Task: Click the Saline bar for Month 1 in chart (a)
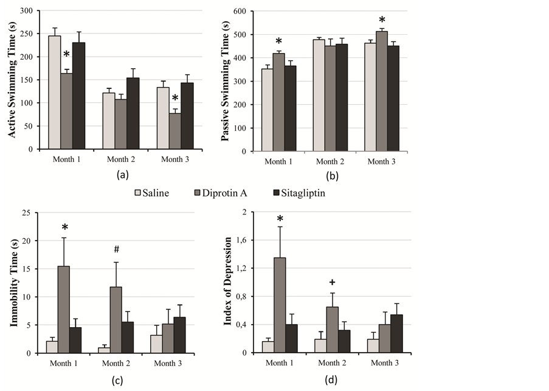55,92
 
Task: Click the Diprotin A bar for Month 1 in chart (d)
280,305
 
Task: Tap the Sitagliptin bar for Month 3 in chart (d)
396,334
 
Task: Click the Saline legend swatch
139,193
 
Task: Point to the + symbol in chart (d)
332,282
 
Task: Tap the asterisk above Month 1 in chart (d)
280,219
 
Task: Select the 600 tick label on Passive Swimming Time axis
241,12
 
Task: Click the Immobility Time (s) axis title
13,283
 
